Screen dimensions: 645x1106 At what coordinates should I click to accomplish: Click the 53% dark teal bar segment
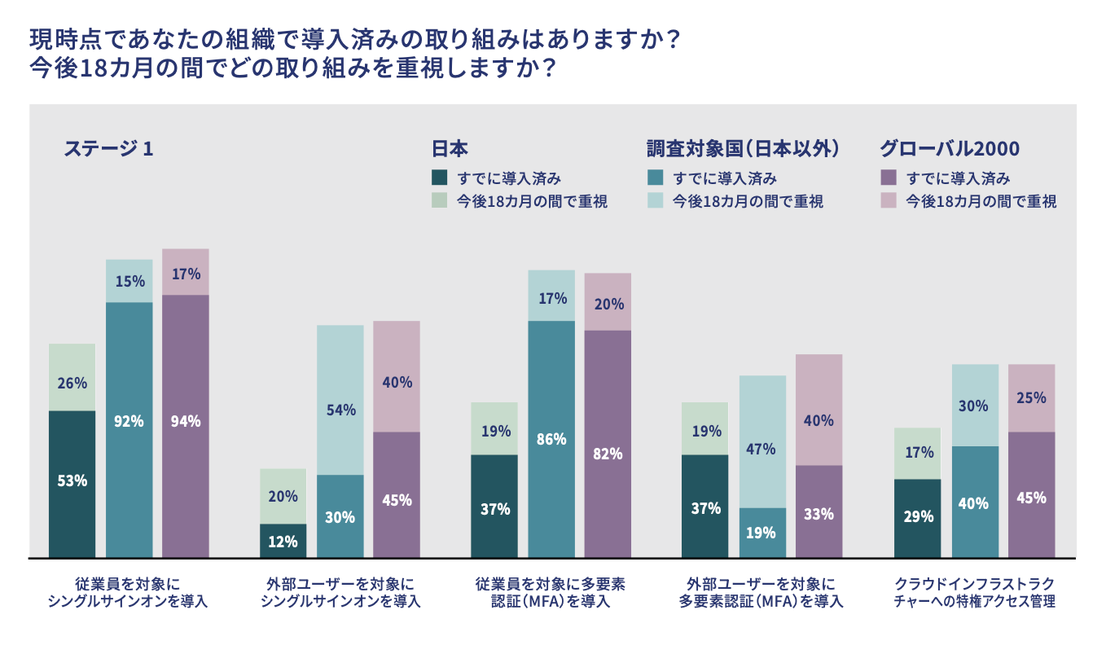click(72, 484)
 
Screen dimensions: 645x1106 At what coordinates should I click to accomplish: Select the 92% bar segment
click(129, 429)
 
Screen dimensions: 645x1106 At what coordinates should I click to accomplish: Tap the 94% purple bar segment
click(186, 426)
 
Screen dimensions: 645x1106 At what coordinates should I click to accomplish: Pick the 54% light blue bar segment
click(340, 399)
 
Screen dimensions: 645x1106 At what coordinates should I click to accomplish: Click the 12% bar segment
click(283, 541)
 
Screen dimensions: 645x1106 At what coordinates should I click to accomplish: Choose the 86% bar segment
click(551, 439)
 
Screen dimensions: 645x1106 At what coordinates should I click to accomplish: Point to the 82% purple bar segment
click(608, 444)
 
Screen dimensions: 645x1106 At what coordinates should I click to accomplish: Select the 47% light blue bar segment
click(762, 441)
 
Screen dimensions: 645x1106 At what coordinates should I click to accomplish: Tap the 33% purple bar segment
click(819, 511)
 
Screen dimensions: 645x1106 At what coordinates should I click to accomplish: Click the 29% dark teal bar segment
click(917, 518)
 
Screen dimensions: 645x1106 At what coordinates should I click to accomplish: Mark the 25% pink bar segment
click(1031, 397)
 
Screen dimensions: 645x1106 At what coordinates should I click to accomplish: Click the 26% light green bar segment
click(72, 376)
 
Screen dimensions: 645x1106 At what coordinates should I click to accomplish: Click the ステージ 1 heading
click(108, 149)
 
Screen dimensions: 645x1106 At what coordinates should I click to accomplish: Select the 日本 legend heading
click(449, 149)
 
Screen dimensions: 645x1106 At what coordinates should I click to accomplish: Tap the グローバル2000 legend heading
click(950, 149)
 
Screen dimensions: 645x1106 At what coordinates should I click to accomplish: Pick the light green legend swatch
click(439, 201)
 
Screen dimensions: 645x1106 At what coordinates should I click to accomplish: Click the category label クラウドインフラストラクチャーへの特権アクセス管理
click(974, 593)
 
